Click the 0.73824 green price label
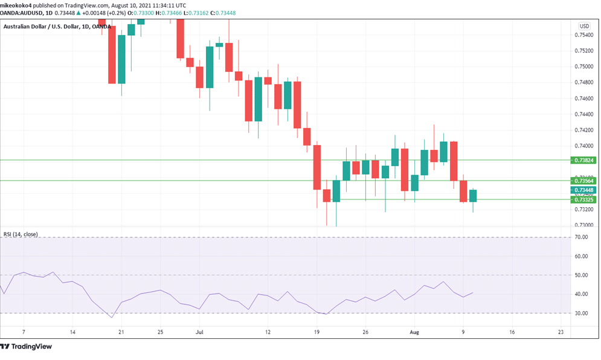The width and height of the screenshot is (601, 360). pos(583,160)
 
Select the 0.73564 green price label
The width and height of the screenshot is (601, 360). pos(583,181)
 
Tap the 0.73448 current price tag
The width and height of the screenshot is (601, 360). pos(583,190)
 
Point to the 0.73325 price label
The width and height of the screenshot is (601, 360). pos(583,199)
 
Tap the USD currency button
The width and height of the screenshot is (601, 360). pos(584,26)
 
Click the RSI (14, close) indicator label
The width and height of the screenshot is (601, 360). pos(21,234)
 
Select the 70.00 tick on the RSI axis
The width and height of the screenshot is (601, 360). pos(582,237)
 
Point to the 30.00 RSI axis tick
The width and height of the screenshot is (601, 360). pos(582,313)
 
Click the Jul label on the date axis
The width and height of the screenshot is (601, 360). pos(199,332)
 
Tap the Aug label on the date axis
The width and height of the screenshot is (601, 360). pos(414,332)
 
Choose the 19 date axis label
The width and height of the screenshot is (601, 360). pos(317,332)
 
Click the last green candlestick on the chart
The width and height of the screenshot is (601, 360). pos(473,196)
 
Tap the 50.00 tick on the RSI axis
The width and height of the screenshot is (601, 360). pos(582,275)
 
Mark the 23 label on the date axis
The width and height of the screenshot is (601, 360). pos(561,332)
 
